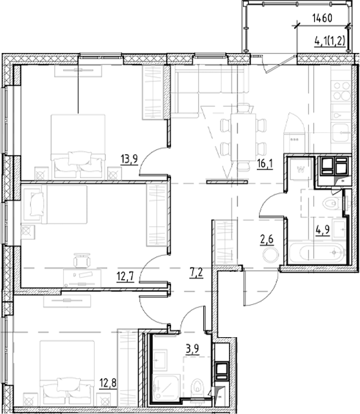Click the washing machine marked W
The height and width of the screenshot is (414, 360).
click(x=300, y=171)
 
